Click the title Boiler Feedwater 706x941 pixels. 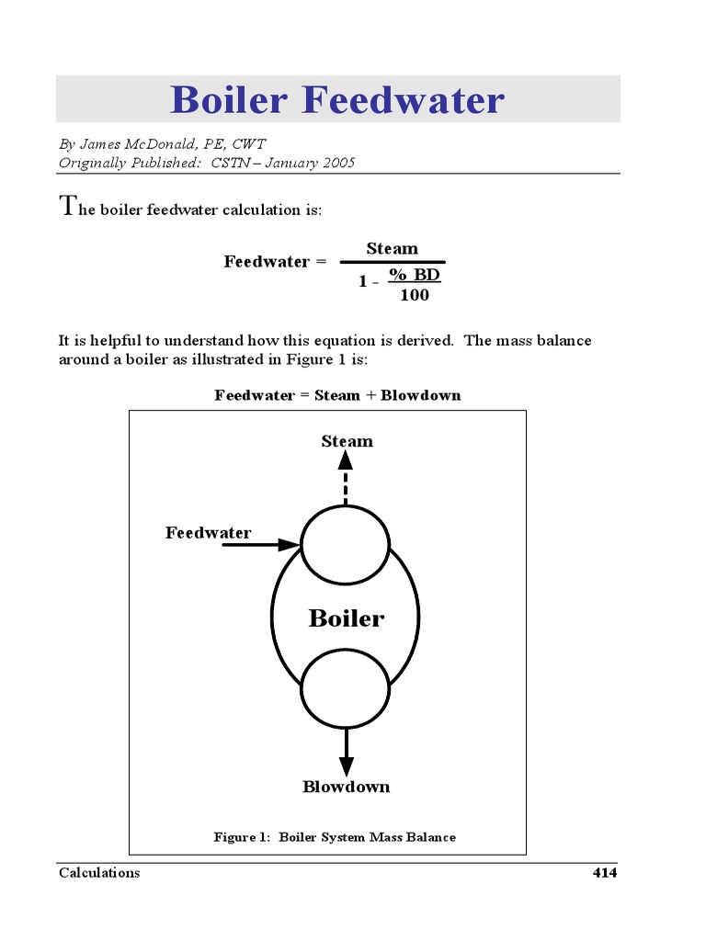pyautogui.click(x=337, y=99)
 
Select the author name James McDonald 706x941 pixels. pyautogui.click(x=127, y=144)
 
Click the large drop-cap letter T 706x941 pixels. pyautogui.click(x=66, y=205)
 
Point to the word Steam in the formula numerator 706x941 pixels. pyautogui.click(x=392, y=248)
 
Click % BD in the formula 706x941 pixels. pyautogui.click(x=414, y=275)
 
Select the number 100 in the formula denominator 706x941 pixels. pyautogui.click(x=414, y=295)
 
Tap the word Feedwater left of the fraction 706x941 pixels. pyautogui.click(x=267, y=262)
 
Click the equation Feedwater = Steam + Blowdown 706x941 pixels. pyautogui.click(x=337, y=395)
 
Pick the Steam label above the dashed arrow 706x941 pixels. pyautogui.click(x=347, y=441)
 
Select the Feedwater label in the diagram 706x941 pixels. pyautogui.click(x=208, y=533)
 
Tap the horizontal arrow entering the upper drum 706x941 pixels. pyautogui.click(x=261, y=545)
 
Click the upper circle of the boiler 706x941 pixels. pyautogui.click(x=346, y=545)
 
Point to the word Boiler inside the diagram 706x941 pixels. pyautogui.click(x=346, y=618)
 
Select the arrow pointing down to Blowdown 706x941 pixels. pyautogui.click(x=346, y=752)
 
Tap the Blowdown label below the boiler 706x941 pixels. pyautogui.click(x=346, y=787)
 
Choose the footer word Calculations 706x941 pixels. pyautogui.click(x=99, y=873)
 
